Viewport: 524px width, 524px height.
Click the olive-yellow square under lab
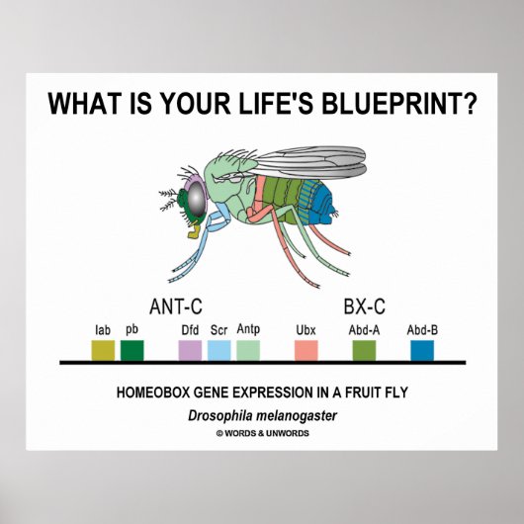coord(102,350)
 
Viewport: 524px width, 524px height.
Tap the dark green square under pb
coord(132,350)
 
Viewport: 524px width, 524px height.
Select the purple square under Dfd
coord(190,350)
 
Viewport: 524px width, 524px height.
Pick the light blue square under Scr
coord(219,350)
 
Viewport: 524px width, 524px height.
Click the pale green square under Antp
coord(248,350)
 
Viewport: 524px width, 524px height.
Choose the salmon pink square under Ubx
coord(306,350)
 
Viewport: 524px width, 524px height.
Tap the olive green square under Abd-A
coord(364,350)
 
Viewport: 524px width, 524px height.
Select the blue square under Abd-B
coord(422,350)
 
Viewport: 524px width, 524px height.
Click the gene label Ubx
coord(306,330)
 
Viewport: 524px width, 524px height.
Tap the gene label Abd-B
coord(422,330)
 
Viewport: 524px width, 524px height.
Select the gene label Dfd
coord(190,330)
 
